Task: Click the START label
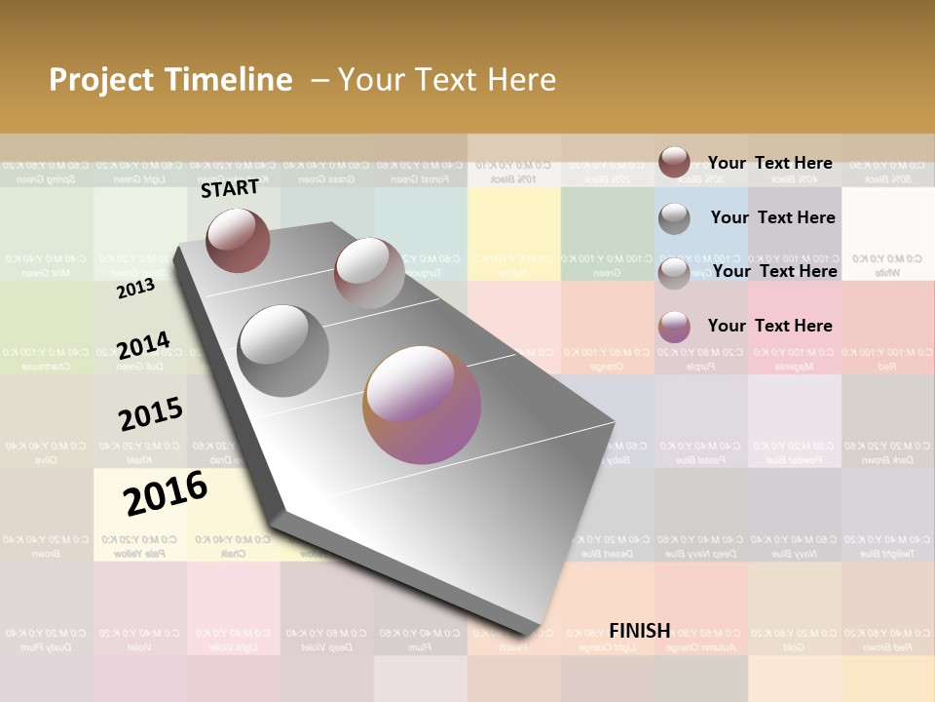[x=230, y=188]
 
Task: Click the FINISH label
[x=640, y=631]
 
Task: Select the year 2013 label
[x=135, y=289]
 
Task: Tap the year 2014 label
[x=143, y=345]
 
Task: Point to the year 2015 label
[x=151, y=413]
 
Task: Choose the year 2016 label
[x=166, y=492]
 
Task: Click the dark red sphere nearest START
[x=238, y=240]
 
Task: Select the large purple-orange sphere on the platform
[x=422, y=404]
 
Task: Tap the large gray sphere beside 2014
[x=283, y=351]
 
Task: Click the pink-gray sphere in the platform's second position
[x=369, y=273]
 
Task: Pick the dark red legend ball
[x=674, y=163]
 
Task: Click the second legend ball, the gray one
[x=674, y=218]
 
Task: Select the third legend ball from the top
[x=674, y=273]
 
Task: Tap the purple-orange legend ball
[x=674, y=327]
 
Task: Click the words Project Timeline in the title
[x=170, y=80]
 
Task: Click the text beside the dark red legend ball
[x=769, y=163]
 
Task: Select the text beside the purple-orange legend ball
[x=769, y=326]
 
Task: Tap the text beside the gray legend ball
[x=772, y=217]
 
